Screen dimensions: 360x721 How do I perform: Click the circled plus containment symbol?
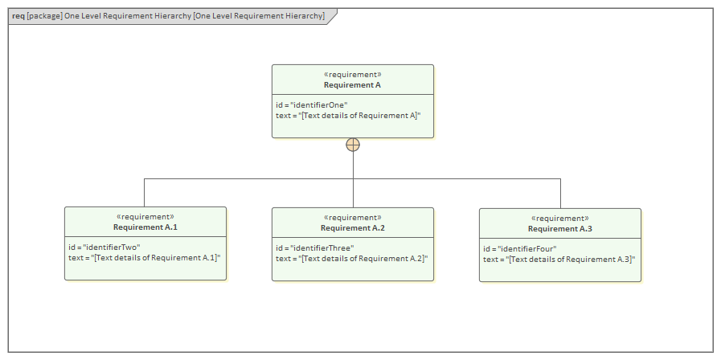352,145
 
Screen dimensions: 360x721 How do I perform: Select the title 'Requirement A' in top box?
352,84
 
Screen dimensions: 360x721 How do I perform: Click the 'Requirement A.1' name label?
145,227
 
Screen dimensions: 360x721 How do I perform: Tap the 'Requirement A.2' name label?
352,227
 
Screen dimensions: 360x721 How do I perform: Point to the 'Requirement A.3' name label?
560,228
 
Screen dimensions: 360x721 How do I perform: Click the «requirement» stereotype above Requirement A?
352,74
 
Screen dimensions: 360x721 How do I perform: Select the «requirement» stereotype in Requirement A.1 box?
145,216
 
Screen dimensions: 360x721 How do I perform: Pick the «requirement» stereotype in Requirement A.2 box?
352,217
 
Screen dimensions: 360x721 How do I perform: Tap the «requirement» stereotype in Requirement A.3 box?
560,218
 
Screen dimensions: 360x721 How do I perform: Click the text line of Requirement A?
348,116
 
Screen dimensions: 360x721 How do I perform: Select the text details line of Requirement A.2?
351,258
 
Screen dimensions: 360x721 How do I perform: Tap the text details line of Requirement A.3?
559,259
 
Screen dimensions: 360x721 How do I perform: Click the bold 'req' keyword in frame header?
18,15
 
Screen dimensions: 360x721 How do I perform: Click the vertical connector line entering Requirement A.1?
145,193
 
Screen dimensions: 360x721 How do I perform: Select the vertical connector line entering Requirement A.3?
560,194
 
